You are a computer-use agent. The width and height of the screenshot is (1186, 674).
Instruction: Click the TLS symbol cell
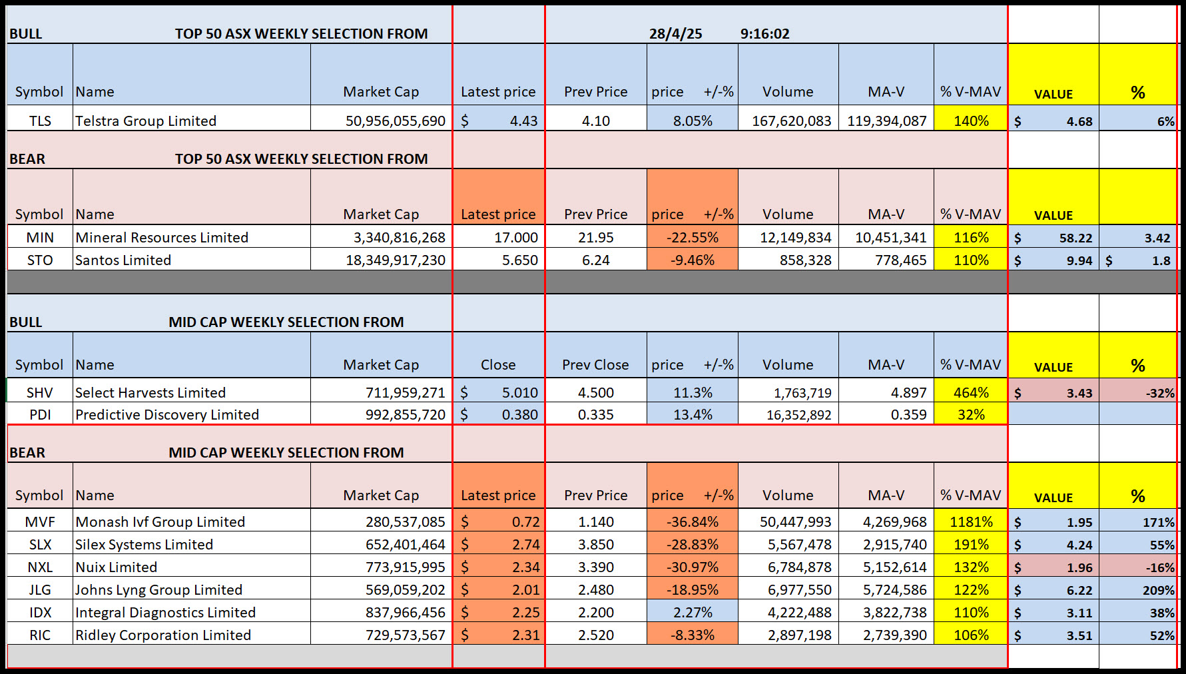click(x=40, y=121)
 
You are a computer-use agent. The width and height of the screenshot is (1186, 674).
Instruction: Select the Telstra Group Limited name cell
click(x=192, y=121)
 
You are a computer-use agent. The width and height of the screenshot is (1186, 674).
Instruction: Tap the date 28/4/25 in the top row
click(x=675, y=34)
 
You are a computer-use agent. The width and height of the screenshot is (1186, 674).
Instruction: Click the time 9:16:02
click(x=764, y=34)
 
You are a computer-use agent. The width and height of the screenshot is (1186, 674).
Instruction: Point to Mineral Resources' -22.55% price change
click(x=693, y=237)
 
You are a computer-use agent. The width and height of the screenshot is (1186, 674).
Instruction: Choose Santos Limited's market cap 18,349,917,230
click(x=382, y=260)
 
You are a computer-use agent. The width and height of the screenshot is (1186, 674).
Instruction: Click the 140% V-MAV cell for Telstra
click(x=971, y=121)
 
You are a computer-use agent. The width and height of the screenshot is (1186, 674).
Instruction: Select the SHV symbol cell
click(x=40, y=392)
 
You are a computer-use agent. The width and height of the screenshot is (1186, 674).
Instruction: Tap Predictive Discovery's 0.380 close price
click(x=499, y=414)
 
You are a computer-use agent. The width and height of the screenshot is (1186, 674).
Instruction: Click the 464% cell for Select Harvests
click(x=971, y=392)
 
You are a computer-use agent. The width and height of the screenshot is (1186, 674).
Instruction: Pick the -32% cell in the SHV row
click(x=1138, y=393)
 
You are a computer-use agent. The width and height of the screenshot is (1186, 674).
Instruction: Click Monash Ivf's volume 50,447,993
click(x=788, y=521)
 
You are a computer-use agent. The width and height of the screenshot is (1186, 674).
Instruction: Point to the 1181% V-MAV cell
click(x=971, y=521)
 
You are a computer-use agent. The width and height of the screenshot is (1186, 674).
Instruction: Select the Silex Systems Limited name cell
click(x=192, y=544)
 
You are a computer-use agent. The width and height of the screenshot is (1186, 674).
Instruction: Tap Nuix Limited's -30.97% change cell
click(x=693, y=567)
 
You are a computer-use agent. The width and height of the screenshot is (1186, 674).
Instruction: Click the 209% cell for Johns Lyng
click(x=1138, y=590)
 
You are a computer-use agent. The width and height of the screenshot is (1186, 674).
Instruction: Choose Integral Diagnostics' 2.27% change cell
click(x=693, y=612)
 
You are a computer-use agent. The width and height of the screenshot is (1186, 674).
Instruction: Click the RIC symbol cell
click(x=40, y=635)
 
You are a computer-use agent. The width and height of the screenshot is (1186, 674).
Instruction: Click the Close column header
click(x=498, y=364)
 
